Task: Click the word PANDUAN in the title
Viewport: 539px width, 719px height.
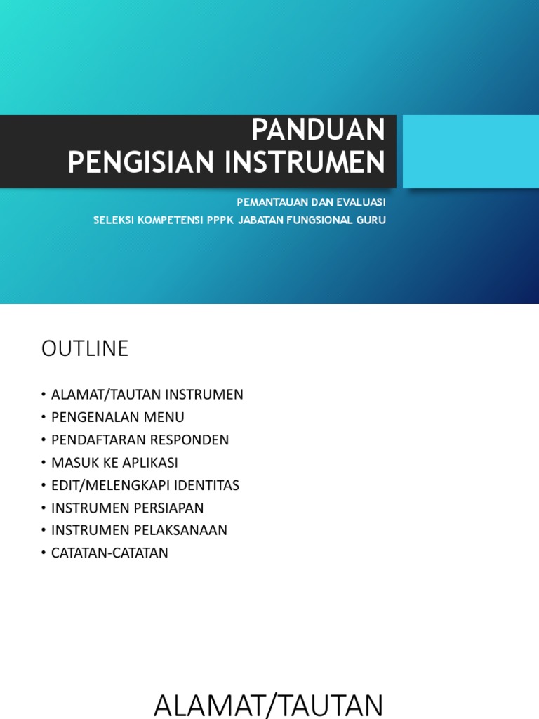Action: (318, 131)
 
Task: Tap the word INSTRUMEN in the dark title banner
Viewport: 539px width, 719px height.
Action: (305, 163)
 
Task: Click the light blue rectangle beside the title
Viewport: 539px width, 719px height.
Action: (470, 152)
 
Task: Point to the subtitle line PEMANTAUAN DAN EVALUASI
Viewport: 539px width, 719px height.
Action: (311, 202)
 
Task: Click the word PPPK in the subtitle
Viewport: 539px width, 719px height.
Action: (220, 220)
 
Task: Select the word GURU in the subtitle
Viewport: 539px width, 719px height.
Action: (372, 220)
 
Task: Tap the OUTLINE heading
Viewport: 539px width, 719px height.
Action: (85, 348)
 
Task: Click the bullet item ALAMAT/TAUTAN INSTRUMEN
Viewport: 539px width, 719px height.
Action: (147, 395)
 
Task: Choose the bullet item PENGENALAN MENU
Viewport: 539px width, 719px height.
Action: (117, 417)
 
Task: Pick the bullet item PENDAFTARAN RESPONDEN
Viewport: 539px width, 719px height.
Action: (140, 440)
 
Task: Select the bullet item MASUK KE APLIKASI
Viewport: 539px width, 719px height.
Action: (114, 462)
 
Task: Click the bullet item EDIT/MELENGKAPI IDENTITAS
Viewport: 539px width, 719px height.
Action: (145, 484)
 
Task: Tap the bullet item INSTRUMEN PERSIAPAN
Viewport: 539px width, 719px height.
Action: (127, 507)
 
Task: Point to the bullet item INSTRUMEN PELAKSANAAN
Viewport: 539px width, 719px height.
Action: (139, 529)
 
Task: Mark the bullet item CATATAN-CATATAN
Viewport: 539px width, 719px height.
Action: (109, 552)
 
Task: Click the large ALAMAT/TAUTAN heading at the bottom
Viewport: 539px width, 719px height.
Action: (269, 704)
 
